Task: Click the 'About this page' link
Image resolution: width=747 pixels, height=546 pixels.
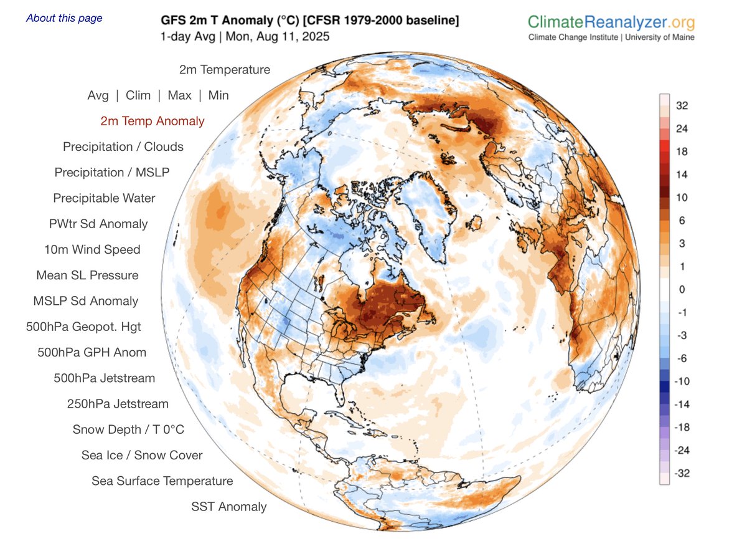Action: [64, 18]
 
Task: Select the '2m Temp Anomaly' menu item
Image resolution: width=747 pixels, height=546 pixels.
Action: [153, 121]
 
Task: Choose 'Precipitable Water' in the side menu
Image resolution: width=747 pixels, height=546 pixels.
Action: [104, 198]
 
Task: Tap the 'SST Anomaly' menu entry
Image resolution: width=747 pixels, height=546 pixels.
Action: [228, 507]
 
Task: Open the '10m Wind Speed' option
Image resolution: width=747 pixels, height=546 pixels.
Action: [92, 249]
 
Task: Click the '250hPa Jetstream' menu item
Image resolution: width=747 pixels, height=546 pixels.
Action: [118, 404]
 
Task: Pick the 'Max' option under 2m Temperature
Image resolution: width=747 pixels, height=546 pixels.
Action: [179, 95]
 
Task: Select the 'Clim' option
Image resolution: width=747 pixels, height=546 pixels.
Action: [138, 95]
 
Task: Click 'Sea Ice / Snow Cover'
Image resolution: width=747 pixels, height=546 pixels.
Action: [142, 455]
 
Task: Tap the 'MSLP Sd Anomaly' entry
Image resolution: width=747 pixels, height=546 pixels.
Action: [86, 301]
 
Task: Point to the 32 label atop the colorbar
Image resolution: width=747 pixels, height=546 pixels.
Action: [682, 105]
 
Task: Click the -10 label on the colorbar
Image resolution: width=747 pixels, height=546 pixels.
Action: [682, 381]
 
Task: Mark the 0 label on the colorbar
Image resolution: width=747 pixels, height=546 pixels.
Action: [682, 289]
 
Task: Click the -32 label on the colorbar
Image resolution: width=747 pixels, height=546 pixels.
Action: [682, 473]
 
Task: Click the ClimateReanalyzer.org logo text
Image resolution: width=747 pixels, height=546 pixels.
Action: [611, 23]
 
